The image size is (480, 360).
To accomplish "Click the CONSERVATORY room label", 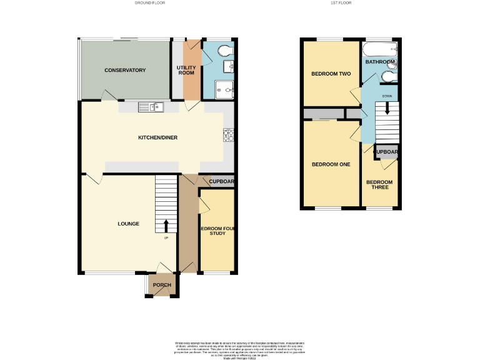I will coord(125,70).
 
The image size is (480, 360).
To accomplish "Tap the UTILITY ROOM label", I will coord(186,70).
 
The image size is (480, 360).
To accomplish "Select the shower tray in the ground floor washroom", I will coord(224,89).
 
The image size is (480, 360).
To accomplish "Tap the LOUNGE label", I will coord(127,224).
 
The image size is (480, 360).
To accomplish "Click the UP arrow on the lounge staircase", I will coord(166,226).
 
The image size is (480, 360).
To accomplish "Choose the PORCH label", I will coord(162,285).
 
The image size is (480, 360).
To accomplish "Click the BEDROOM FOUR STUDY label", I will coord(217,231).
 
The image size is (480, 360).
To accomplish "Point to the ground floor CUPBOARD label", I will coord(221,182).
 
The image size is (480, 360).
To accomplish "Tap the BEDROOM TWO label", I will coord(331,74).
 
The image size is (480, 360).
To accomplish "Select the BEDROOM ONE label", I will coord(331,164).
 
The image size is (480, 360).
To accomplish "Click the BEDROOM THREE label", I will coord(379,185).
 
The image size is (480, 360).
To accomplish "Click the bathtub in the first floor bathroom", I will coord(381,50).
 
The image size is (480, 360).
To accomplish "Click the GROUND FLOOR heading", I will coord(149,3).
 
